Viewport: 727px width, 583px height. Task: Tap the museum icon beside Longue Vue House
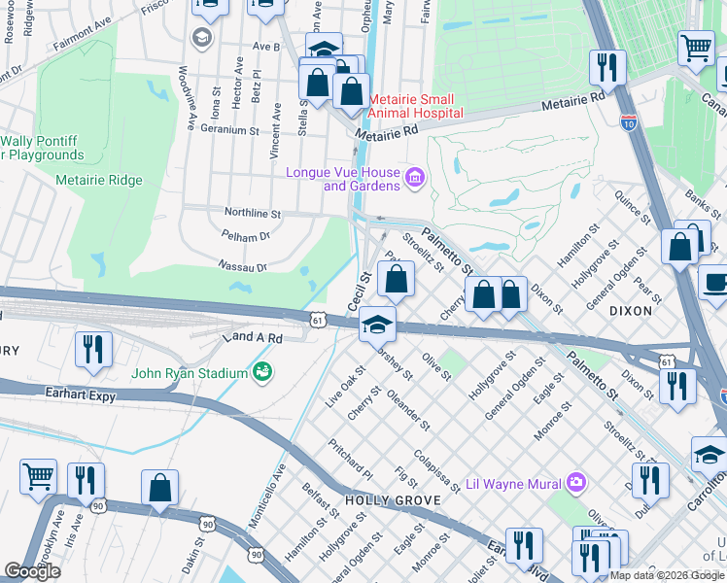415,177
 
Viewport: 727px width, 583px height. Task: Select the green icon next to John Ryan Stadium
261,370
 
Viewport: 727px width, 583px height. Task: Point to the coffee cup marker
715,283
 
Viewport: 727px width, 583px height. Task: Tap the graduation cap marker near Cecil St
377,325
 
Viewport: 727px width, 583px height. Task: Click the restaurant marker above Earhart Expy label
93,351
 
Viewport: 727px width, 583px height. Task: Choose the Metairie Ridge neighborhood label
99,180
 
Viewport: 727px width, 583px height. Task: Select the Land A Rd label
252,338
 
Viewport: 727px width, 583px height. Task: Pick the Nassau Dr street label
242,265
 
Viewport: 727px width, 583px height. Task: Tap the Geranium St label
231,129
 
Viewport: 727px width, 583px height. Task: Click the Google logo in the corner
33,571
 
